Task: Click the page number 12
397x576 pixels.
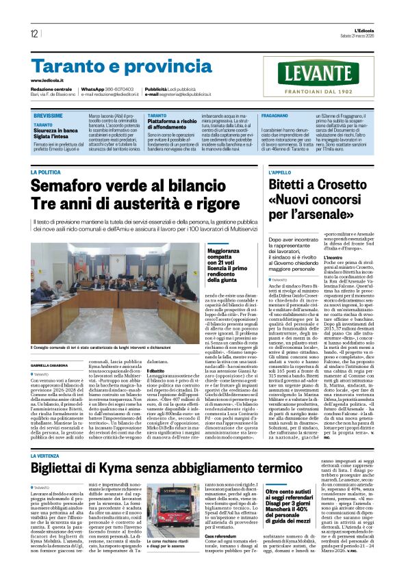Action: (34, 34)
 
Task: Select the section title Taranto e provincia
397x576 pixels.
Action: (112, 66)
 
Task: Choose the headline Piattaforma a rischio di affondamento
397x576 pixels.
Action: (177, 124)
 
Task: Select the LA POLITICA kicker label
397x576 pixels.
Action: (50, 172)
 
